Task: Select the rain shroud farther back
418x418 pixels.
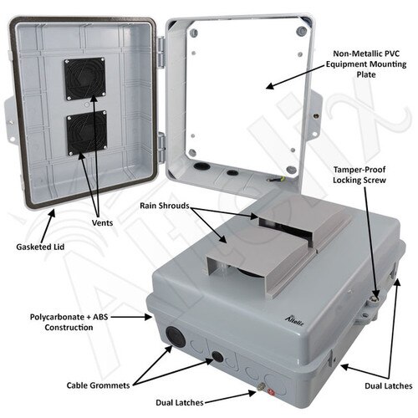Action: pyautogui.click(x=284, y=222)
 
